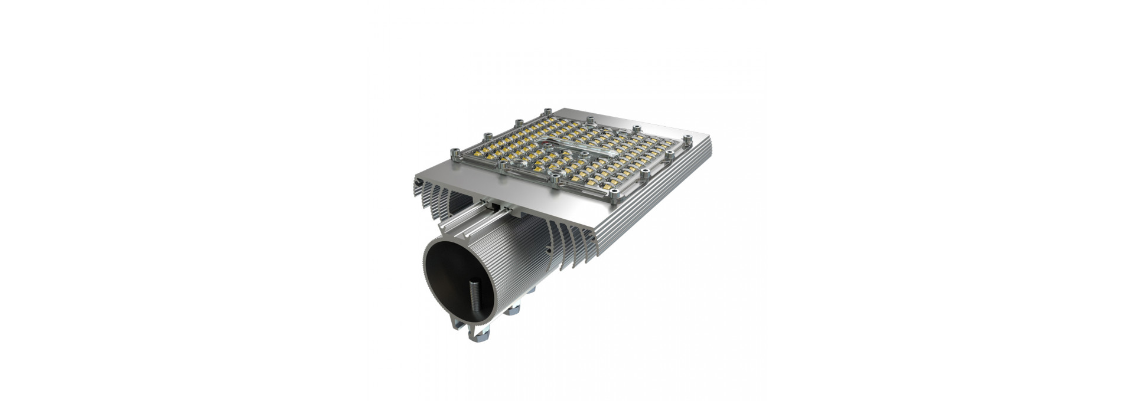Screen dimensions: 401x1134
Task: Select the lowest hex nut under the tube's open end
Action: click(475, 337)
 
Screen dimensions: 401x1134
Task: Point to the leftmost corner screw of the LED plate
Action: click(454, 152)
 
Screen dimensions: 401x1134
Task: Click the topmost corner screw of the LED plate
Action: click(547, 111)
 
